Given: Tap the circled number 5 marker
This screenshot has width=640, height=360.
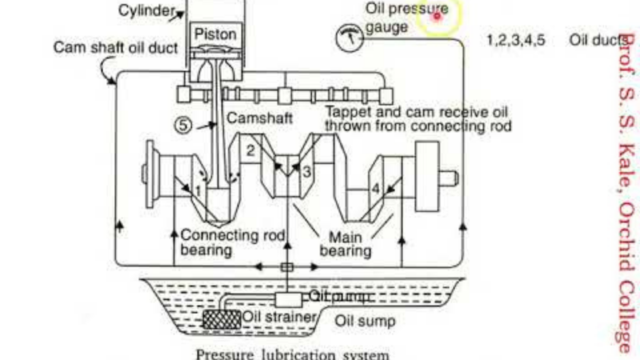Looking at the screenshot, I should click(183, 125).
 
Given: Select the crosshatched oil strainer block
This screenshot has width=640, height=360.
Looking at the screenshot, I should click(222, 318).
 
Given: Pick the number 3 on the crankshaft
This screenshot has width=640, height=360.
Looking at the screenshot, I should click(306, 170).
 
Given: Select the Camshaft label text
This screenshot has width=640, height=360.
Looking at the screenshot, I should click(258, 118).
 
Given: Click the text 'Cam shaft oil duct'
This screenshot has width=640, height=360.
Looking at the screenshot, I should click(115, 46).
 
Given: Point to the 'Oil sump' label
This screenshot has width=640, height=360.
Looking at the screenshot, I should click(364, 322).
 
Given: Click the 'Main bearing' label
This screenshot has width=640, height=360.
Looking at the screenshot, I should click(346, 244).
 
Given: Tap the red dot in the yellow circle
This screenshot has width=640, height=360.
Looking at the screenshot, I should click(438, 15).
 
